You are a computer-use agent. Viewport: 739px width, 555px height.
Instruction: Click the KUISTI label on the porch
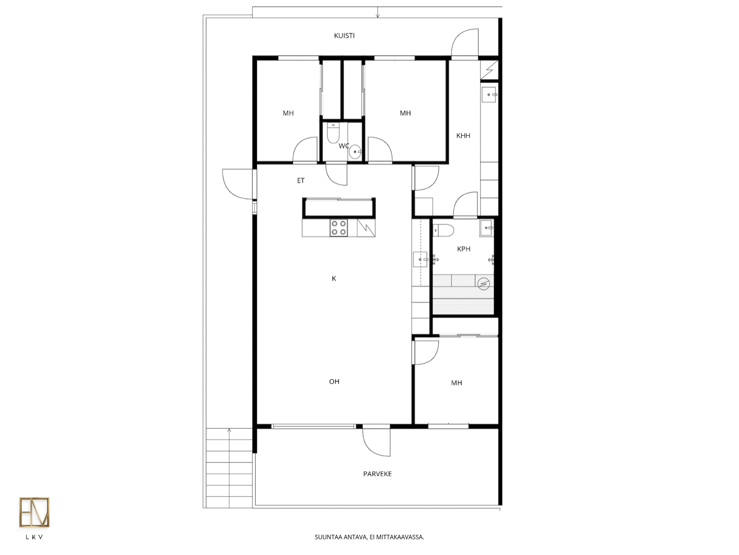(x=344, y=36)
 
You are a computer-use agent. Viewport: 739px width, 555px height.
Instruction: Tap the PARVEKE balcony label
(x=377, y=473)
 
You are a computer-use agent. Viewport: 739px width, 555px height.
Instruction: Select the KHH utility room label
(x=463, y=136)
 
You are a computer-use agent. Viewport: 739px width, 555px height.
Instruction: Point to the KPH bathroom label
(x=464, y=249)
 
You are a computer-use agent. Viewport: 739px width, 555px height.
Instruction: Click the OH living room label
(x=334, y=381)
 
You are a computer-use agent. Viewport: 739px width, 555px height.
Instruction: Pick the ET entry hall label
(x=300, y=180)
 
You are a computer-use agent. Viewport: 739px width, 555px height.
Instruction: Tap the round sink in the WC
(x=355, y=152)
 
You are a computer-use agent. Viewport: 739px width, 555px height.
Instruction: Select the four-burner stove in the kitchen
(x=339, y=228)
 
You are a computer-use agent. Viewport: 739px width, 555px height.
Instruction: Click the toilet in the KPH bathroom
(x=444, y=231)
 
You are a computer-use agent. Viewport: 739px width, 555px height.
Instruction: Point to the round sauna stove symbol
(x=484, y=284)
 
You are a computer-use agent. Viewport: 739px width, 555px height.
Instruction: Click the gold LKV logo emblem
(x=34, y=512)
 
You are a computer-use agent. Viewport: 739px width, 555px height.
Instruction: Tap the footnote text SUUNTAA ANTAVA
(x=341, y=537)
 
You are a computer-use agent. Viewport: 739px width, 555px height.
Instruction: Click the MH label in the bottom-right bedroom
(x=456, y=383)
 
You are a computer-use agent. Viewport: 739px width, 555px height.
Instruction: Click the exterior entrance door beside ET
(x=238, y=184)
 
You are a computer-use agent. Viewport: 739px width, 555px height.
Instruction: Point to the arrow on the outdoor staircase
(x=229, y=468)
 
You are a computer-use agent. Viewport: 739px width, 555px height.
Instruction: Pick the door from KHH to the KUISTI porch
(x=465, y=42)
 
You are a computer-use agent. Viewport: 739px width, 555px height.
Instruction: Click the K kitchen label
(x=334, y=278)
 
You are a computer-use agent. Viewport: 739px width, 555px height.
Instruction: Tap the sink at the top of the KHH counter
(x=489, y=95)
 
